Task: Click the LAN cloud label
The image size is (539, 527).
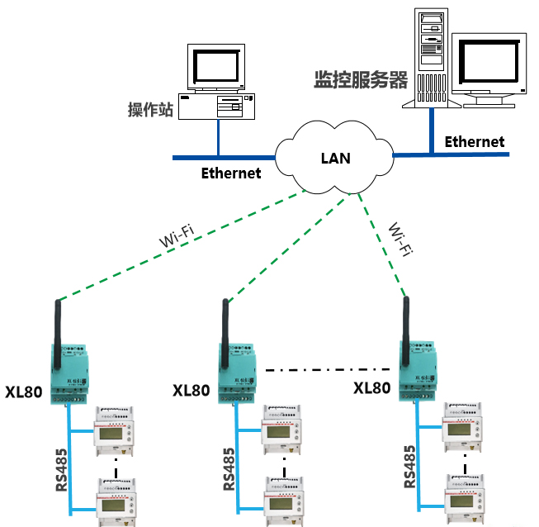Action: point(335,157)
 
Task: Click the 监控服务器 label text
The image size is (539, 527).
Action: point(361,80)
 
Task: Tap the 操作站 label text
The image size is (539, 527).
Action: point(150,110)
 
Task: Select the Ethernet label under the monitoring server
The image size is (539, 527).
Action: point(474,141)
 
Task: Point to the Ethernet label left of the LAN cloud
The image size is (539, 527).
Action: point(231,173)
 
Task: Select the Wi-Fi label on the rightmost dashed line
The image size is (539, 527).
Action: point(400,240)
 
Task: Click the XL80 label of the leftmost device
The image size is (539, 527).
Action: point(23,392)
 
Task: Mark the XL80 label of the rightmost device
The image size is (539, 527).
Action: point(371,388)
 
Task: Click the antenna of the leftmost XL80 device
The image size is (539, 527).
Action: point(58,335)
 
